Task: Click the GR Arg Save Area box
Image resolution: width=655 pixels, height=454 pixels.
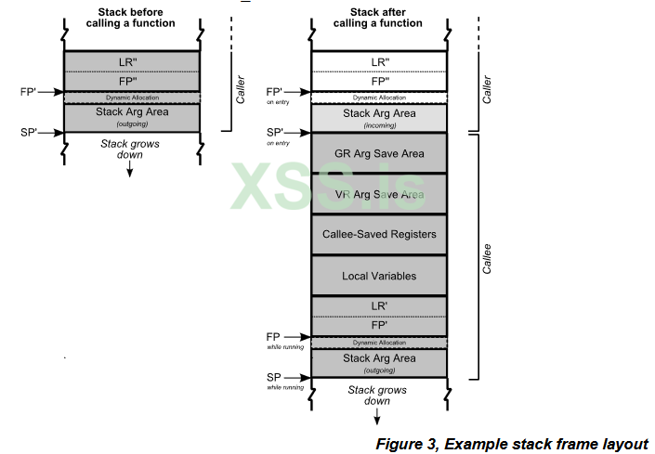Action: point(378,153)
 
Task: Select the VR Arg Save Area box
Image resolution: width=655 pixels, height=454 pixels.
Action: point(378,194)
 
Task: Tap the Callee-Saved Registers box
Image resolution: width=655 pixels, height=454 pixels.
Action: point(378,234)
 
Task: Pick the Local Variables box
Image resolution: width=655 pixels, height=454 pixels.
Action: point(378,276)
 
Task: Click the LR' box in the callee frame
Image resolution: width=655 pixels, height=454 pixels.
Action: point(378,306)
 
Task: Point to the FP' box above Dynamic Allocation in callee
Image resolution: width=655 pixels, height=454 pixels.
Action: point(378,326)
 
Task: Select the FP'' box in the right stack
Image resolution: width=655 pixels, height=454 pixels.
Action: point(378,81)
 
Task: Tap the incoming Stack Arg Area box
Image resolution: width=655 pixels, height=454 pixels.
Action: point(378,117)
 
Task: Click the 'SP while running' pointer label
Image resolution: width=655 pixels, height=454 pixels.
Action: point(274,380)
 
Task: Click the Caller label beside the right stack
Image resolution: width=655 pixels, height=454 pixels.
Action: point(488,86)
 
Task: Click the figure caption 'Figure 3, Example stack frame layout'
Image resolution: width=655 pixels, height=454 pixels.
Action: point(511,443)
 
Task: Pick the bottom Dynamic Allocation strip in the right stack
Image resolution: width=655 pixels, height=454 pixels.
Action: point(378,343)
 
